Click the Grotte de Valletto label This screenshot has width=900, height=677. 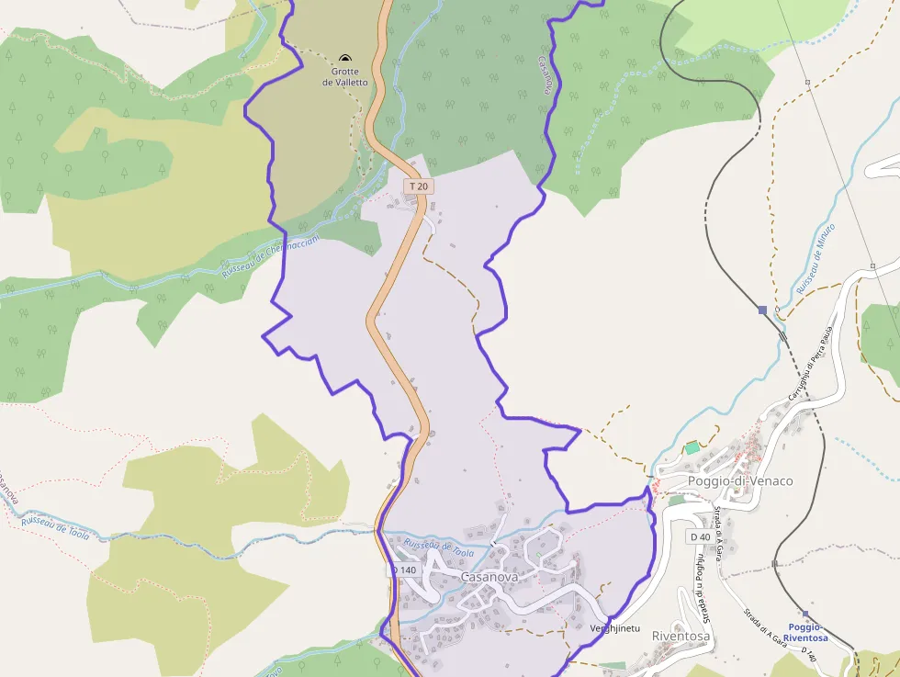pos(344,76)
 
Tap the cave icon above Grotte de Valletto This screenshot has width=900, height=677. pos(345,58)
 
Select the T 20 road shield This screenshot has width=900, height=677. pos(419,186)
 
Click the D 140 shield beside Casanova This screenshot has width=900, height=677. pos(403,570)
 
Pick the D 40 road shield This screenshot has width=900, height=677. pos(699,536)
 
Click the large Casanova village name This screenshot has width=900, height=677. pos(489,577)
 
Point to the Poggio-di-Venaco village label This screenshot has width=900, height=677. pos(740,480)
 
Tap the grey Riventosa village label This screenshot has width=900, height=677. pos(681,636)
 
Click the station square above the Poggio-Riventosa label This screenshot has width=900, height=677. pos(805,614)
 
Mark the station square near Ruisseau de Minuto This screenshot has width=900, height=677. pos(762,310)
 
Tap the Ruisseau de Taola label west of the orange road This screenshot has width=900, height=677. pos(54,527)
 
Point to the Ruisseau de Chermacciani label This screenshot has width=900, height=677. pos(271,256)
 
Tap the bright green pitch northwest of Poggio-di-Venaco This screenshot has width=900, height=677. pos(692,447)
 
